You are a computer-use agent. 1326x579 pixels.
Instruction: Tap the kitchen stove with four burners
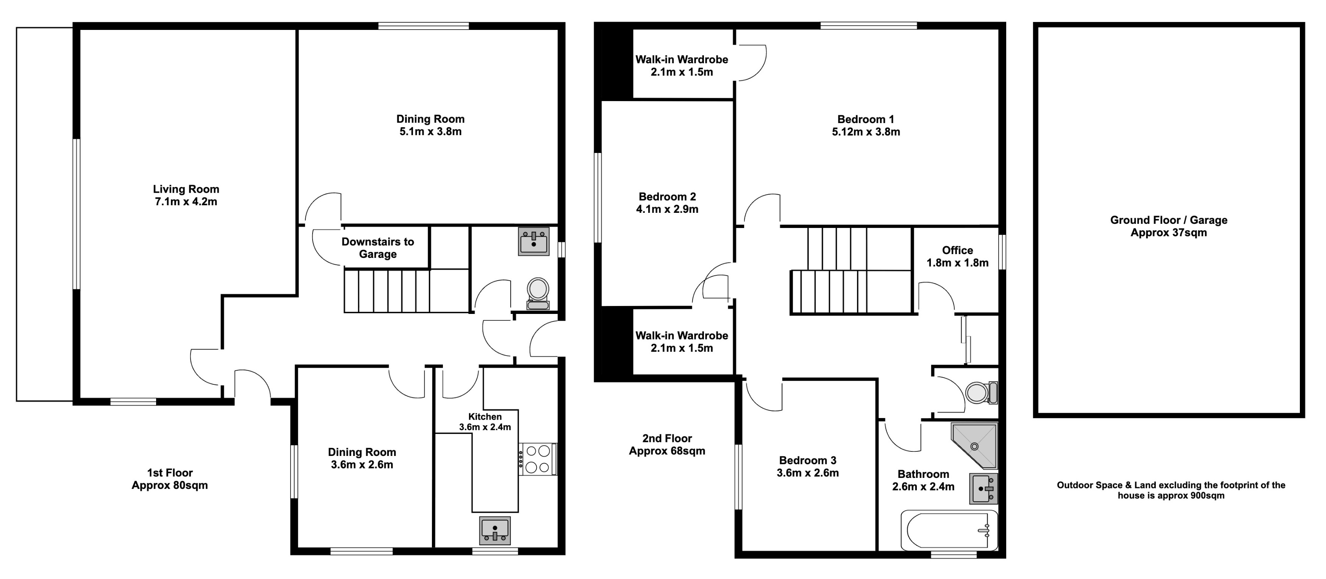(x=537, y=459)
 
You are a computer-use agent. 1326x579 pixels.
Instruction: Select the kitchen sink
(x=495, y=530)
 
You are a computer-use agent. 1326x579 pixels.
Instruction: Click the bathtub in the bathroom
(x=949, y=530)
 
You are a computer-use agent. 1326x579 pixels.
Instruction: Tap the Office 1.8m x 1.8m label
(x=957, y=256)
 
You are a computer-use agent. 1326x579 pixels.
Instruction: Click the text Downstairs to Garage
(x=377, y=248)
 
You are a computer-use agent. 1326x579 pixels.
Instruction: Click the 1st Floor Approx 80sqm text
(x=169, y=479)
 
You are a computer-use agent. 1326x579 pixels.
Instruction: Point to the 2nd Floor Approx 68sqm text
(x=667, y=445)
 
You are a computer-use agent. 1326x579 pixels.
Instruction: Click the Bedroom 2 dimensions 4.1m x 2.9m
(x=667, y=209)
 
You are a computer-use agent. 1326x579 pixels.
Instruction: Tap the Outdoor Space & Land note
(x=1171, y=490)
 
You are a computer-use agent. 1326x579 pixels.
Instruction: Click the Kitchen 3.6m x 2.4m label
(x=485, y=421)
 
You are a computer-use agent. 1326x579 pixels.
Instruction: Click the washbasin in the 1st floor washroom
(x=534, y=241)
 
